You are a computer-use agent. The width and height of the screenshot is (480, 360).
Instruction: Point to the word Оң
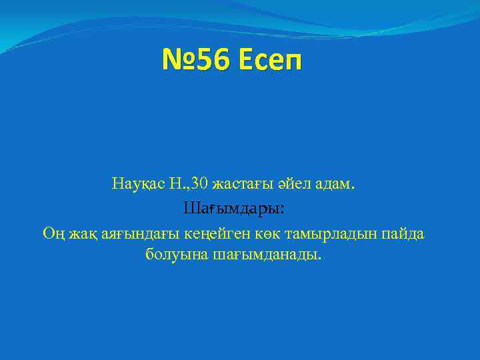(53, 234)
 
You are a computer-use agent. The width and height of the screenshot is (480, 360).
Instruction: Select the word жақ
(84, 234)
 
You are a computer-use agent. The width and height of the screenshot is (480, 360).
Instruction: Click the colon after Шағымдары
(283, 210)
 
